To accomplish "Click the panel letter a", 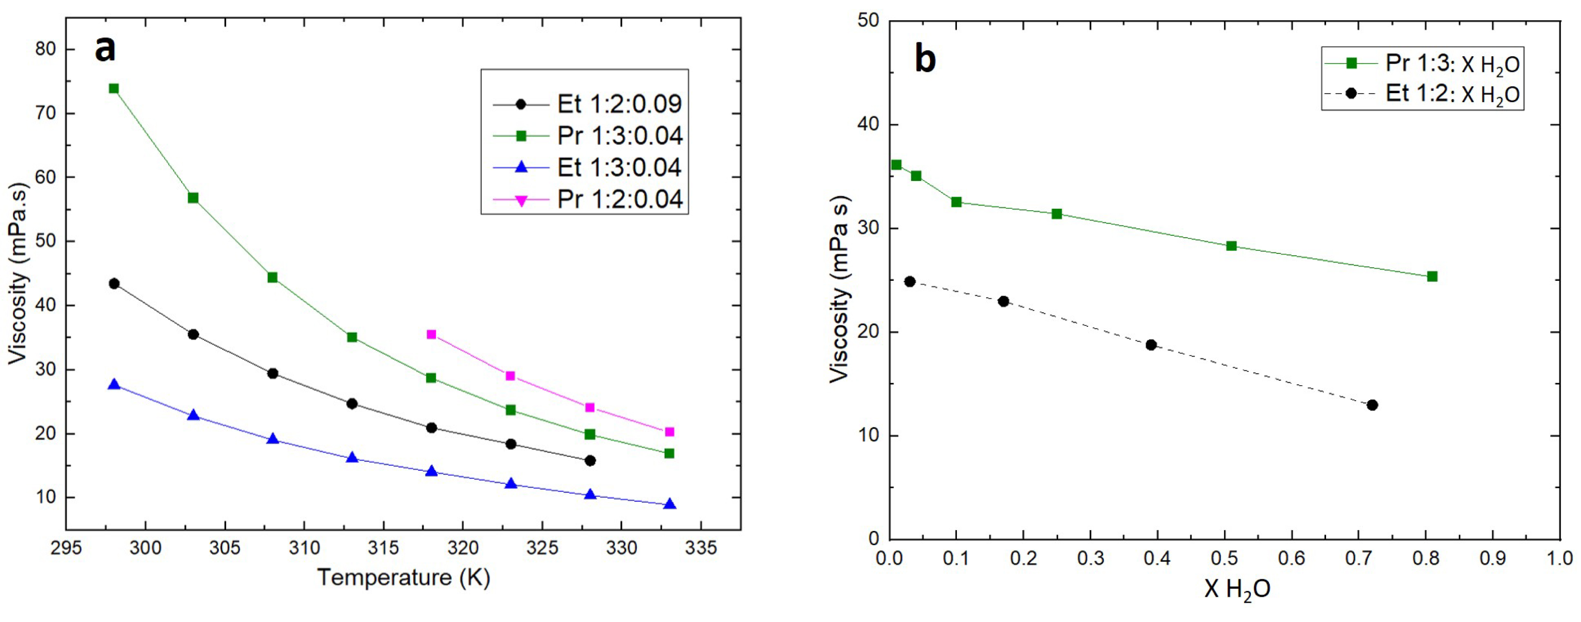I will click(x=105, y=49).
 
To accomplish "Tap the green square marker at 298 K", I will click(x=114, y=88).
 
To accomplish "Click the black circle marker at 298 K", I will click(x=114, y=284).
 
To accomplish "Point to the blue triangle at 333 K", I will click(x=670, y=504).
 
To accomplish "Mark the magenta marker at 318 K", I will click(x=432, y=335).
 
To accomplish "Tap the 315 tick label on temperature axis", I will click(x=384, y=548).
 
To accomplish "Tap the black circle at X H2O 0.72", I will click(x=1372, y=405).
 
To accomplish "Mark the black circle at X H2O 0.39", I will click(x=1151, y=345).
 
